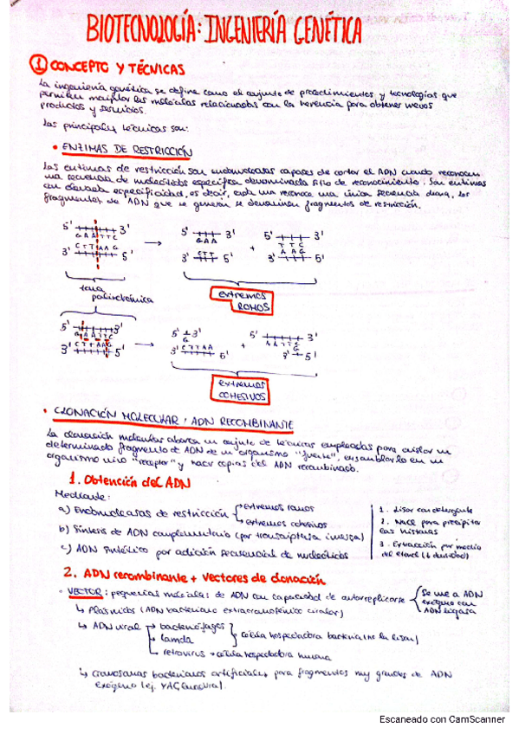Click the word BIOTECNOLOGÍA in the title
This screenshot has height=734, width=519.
[140, 32]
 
